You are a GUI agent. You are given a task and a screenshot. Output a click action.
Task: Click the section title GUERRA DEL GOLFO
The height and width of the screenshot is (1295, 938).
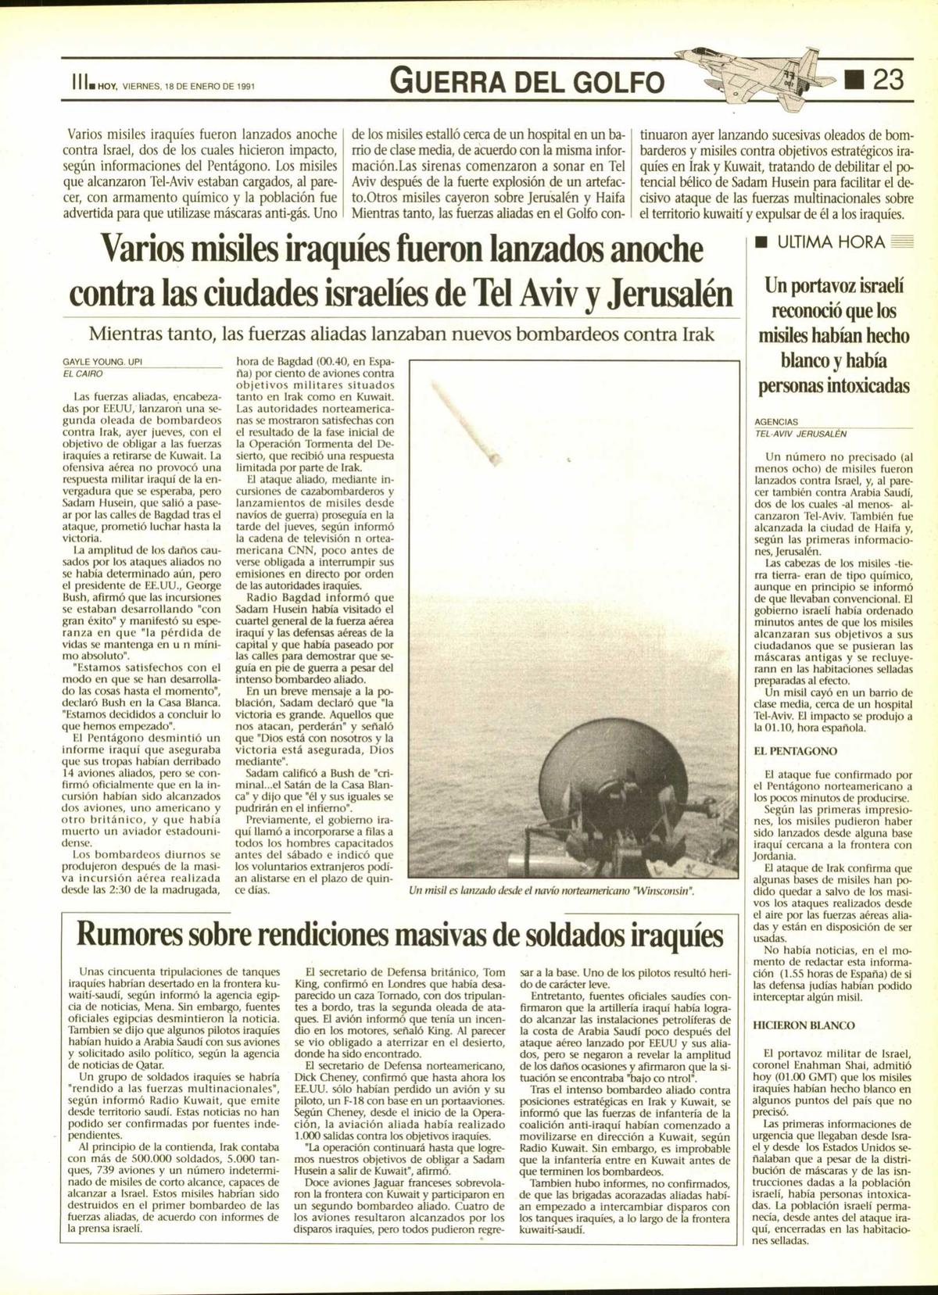(x=528, y=81)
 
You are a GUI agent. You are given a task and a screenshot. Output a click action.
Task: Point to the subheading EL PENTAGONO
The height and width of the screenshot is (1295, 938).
(x=784, y=751)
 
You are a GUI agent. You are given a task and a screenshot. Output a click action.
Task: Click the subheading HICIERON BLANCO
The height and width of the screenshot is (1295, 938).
(x=793, y=1025)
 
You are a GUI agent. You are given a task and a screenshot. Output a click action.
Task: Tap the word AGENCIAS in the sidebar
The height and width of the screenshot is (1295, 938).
(x=776, y=421)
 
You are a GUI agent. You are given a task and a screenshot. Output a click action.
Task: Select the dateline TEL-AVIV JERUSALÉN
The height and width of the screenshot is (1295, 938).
(x=800, y=433)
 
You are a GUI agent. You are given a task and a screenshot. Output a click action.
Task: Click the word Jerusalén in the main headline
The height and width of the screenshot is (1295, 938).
(x=674, y=295)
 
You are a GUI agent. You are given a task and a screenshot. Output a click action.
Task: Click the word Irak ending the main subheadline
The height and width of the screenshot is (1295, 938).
(x=694, y=334)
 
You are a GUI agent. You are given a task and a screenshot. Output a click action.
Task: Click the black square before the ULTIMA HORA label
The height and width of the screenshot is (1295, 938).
(x=758, y=242)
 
